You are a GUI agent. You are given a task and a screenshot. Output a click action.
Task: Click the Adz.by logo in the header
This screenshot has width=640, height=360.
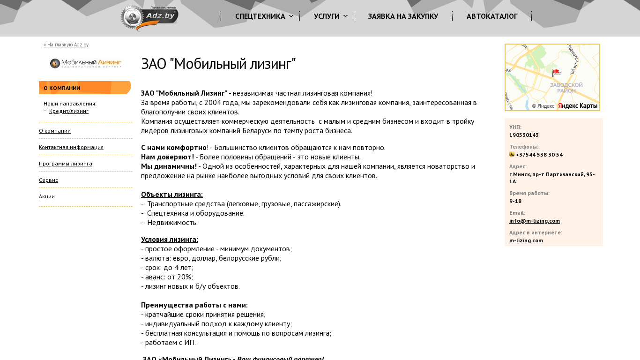coord(149,18)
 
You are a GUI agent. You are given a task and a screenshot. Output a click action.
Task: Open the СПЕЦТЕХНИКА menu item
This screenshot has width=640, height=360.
coord(260,16)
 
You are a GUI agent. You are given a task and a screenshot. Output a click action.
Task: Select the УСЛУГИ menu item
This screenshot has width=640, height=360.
coord(327,16)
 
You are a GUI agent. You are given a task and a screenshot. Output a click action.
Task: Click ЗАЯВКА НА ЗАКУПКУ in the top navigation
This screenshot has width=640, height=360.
coord(403,16)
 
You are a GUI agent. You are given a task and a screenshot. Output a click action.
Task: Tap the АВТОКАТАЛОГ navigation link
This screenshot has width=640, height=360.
coord(492,16)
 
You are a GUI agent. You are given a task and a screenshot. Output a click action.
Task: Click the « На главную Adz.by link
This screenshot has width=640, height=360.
coord(66,45)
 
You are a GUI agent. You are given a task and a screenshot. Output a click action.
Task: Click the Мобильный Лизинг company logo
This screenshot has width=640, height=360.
coord(85,64)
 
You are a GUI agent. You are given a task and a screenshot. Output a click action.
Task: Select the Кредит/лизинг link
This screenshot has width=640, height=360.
coord(69,112)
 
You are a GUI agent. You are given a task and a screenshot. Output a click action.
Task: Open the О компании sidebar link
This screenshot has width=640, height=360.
coord(55,131)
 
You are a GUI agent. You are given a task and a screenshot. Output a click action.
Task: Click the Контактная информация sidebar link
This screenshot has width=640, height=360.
coord(71,147)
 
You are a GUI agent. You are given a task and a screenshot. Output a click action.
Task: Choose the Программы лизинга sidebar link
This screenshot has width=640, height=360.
coord(66,164)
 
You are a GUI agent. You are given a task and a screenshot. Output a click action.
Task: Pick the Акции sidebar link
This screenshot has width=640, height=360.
coord(47,196)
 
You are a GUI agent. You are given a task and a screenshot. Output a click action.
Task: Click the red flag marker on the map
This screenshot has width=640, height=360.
coord(556,73)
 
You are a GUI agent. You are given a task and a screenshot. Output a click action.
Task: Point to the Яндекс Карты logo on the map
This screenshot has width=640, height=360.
coord(578,106)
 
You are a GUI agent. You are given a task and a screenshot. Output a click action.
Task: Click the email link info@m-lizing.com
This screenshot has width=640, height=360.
coord(535,221)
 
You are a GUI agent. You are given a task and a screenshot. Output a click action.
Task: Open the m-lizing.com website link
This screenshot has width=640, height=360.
coord(526,240)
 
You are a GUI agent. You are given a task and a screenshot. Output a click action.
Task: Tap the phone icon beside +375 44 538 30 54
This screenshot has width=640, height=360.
coord(512,154)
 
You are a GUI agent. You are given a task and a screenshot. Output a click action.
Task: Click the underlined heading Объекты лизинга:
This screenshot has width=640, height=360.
coord(172,195)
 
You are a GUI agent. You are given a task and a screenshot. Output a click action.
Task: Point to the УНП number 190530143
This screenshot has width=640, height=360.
coord(524,135)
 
